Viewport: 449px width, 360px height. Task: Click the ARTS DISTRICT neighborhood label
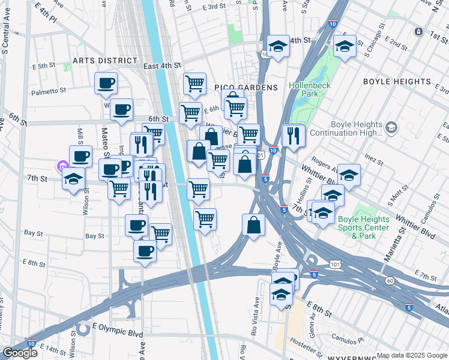pyautogui.click(x=101, y=61)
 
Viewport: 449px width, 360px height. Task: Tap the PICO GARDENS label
pyautogui.click(x=246, y=88)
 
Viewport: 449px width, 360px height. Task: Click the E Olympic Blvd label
pyautogui.click(x=118, y=332)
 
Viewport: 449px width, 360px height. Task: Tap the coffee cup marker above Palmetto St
pyautogui.click(x=106, y=83)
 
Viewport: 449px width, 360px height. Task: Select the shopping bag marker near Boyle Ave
pyautogui.click(x=254, y=225)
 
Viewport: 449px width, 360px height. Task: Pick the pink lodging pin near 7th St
pyautogui.click(x=61, y=166)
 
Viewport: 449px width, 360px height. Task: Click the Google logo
pyautogui.click(x=20, y=353)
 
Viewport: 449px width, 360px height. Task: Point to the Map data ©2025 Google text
pyautogui.click(x=411, y=355)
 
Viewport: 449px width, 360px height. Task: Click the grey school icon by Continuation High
pyautogui.click(x=391, y=128)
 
